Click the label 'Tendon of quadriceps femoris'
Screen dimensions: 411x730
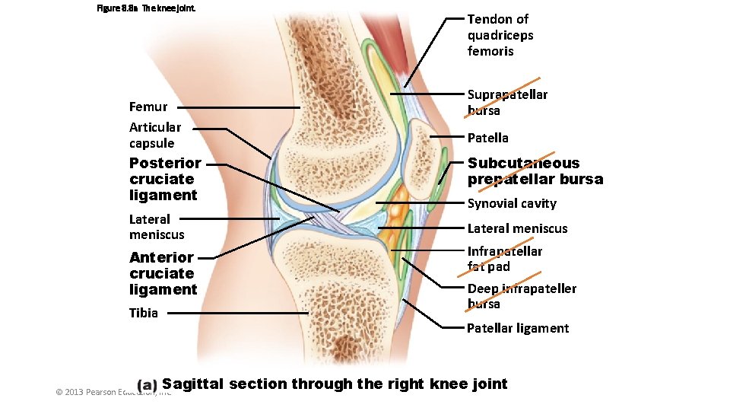pyautogui.click(x=500, y=35)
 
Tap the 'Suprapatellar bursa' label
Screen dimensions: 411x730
pyautogui.click(x=506, y=102)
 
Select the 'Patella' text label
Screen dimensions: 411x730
pyautogui.click(x=487, y=138)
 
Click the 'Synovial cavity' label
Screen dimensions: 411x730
pyautogui.click(x=512, y=203)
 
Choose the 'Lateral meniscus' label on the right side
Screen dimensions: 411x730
pyautogui.click(x=517, y=228)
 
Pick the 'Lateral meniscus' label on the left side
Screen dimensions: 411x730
pyautogui.click(x=157, y=227)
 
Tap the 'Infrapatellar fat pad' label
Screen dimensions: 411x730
pyautogui.click(x=504, y=259)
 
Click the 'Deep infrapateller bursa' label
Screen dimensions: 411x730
pyautogui.click(x=522, y=296)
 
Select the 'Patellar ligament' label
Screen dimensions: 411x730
pyautogui.click(x=518, y=328)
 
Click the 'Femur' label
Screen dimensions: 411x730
pyautogui.click(x=148, y=107)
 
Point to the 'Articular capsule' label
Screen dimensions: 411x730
pyautogui.click(x=155, y=135)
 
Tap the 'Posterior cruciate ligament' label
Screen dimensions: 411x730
pyautogui.click(x=165, y=179)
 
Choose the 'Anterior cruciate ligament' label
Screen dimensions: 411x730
pyautogui.click(x=163, y=273)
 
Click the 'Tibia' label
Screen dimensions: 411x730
pyautogui.click(x=144, y=312)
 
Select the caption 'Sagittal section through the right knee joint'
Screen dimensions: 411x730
pyautogui.click(x=335, y=384)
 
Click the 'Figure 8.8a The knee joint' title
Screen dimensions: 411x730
pyautogui.click(x=146, y=8)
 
